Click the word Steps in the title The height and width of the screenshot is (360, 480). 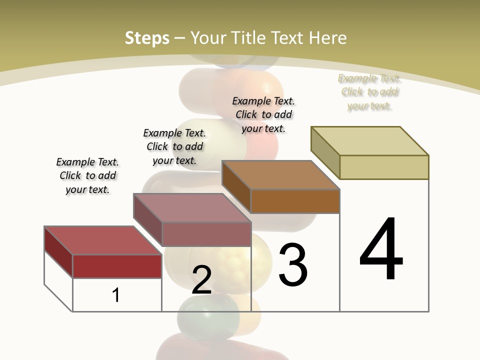click(x=147, y=38)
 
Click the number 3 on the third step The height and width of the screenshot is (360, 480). click(x=293, y=265)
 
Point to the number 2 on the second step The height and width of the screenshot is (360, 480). click(x=202, y=280)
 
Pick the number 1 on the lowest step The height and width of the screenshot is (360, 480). click(x=116, y=295)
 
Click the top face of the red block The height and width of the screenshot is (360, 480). click(x=102, y=240)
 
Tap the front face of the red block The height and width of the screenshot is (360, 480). click(x=117, y=266)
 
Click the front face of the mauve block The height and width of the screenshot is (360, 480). click(x=206, y=234)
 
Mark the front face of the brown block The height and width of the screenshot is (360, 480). click(x=295, y=201)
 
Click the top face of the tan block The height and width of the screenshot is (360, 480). click(x=370, y=140)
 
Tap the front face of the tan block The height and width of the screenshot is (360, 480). click(x=384, y=167)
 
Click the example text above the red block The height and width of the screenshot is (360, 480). click(x=87, y=175)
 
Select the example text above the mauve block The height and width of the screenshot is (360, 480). click(x=174, y=146)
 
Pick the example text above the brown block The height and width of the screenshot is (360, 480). click(x=263, y=114)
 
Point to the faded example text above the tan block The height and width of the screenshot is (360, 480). click(x=369, y=92)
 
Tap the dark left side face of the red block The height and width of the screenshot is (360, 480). click(x=58, y=251)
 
